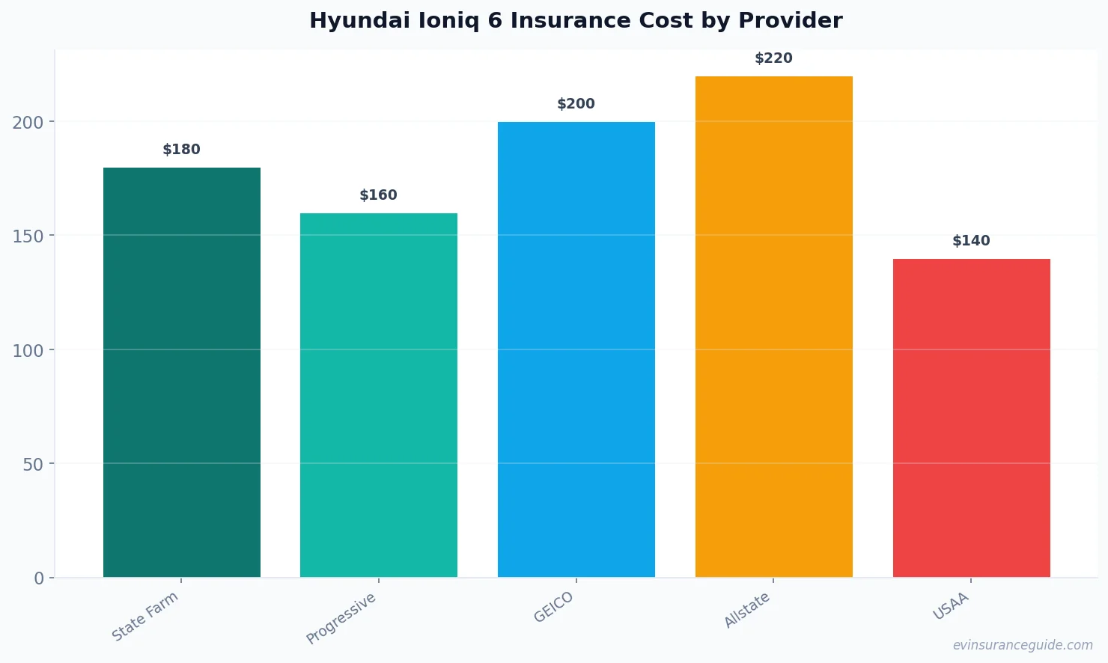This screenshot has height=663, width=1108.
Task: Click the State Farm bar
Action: tap(181, 372)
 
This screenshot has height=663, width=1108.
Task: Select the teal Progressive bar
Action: tap(378, 395)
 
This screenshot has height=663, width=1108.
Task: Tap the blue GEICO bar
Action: tap(576, 349)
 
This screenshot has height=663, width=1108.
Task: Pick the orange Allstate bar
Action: tap(773, 326)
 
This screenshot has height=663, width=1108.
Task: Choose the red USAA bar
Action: tap(971, 418)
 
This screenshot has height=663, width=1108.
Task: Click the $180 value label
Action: tap(181, 150)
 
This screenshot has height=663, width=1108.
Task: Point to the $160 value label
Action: tap(378, 195)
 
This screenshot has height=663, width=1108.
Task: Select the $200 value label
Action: tap(576, 104)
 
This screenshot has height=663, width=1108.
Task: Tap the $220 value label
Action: tap(773, 58)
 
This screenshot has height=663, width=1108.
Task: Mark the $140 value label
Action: tap(971, 241)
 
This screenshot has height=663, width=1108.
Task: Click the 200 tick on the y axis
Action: tap(28, 122)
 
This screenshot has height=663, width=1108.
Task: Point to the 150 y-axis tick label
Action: tap(28, 236)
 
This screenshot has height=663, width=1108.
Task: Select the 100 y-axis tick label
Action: tap(28, 350)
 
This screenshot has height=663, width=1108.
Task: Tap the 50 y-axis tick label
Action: tap(32, 464)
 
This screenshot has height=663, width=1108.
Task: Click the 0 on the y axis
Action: tap(39, 578)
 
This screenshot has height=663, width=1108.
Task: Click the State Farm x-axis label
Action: tap(145, 616)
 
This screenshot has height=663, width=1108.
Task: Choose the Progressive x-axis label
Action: tap(341, 618)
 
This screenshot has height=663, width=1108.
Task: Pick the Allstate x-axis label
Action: tap(746, 610)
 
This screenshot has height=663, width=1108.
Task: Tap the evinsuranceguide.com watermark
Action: tap(1022, 645)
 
